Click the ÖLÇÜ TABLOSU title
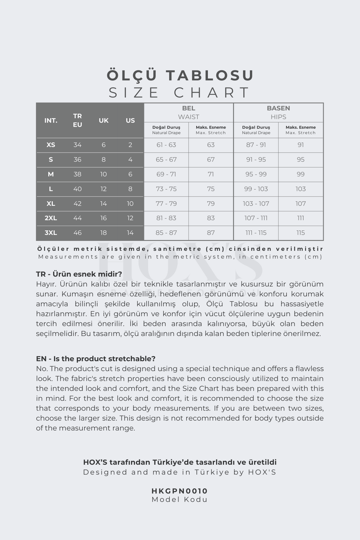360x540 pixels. tap(180, 75)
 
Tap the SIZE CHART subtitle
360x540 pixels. tap(179, 92)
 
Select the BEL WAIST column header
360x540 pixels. tap(188, 112)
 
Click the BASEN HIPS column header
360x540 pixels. tap(278, 112)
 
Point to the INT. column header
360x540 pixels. tap(51, 121)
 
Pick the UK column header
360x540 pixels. tap(103, 121)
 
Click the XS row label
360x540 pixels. tap(51, 145)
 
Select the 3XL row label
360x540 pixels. tap(51, 233)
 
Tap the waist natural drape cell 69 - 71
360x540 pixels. tap(166, 174)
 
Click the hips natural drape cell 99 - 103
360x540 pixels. tap(256, 189)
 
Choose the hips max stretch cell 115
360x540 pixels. tap(301, 233)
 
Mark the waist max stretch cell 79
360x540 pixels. tap(211, 204)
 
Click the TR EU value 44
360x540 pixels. tap(77, 218)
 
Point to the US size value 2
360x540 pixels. tap(130, 145)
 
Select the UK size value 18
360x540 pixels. tap(103, 233)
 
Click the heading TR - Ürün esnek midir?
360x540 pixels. tap(79, 274)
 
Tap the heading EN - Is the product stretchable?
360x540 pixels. tap(96, 359)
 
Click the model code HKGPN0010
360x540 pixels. tap(180, 491)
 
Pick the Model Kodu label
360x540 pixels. tap(180, 499)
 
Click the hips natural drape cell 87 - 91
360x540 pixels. tap(256, 145)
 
